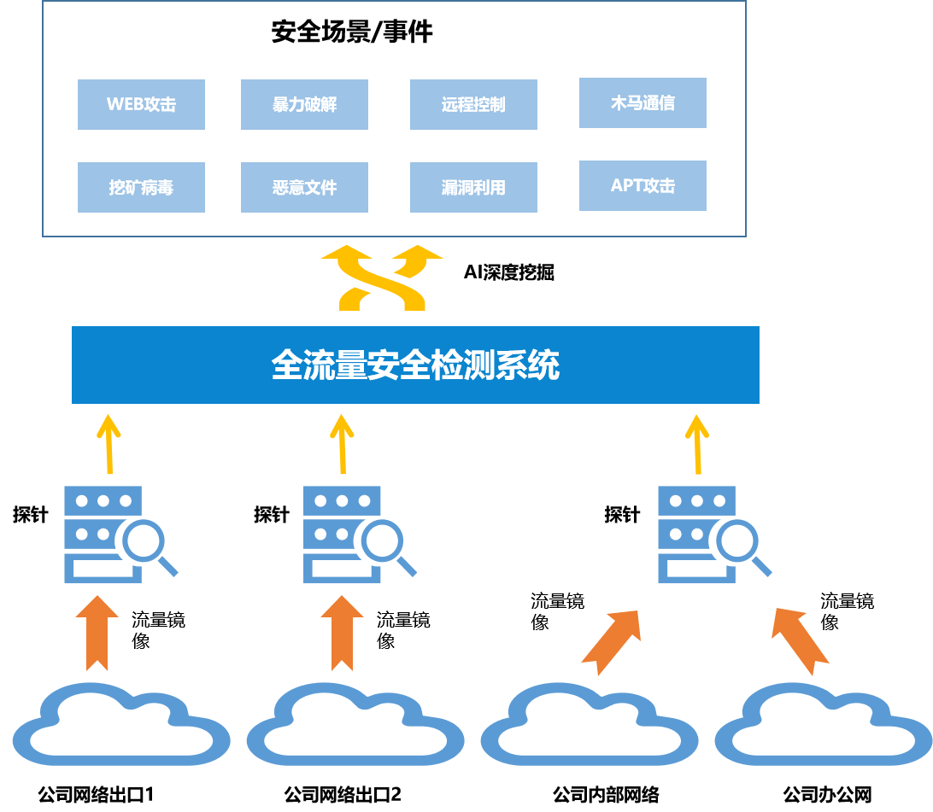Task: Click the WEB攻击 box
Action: point(141,104)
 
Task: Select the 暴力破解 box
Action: point(304,104)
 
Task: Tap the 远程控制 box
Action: point(473,104)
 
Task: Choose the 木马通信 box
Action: point(643,102)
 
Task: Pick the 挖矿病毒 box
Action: point(141,187)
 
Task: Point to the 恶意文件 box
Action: point(304,187)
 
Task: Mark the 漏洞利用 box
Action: point(473,187)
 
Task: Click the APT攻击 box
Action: point(643,185)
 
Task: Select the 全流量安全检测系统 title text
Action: point(415,365)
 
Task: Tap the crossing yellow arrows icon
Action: point(382,277)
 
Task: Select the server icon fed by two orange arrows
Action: point(696,535)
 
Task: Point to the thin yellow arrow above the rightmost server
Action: point(697,444)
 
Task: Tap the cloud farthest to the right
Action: point(823,725)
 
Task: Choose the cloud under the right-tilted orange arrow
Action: point(590,725)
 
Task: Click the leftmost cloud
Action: point(121,725)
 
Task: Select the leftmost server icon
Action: point(103,535)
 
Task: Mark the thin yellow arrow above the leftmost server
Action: point(109,444)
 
